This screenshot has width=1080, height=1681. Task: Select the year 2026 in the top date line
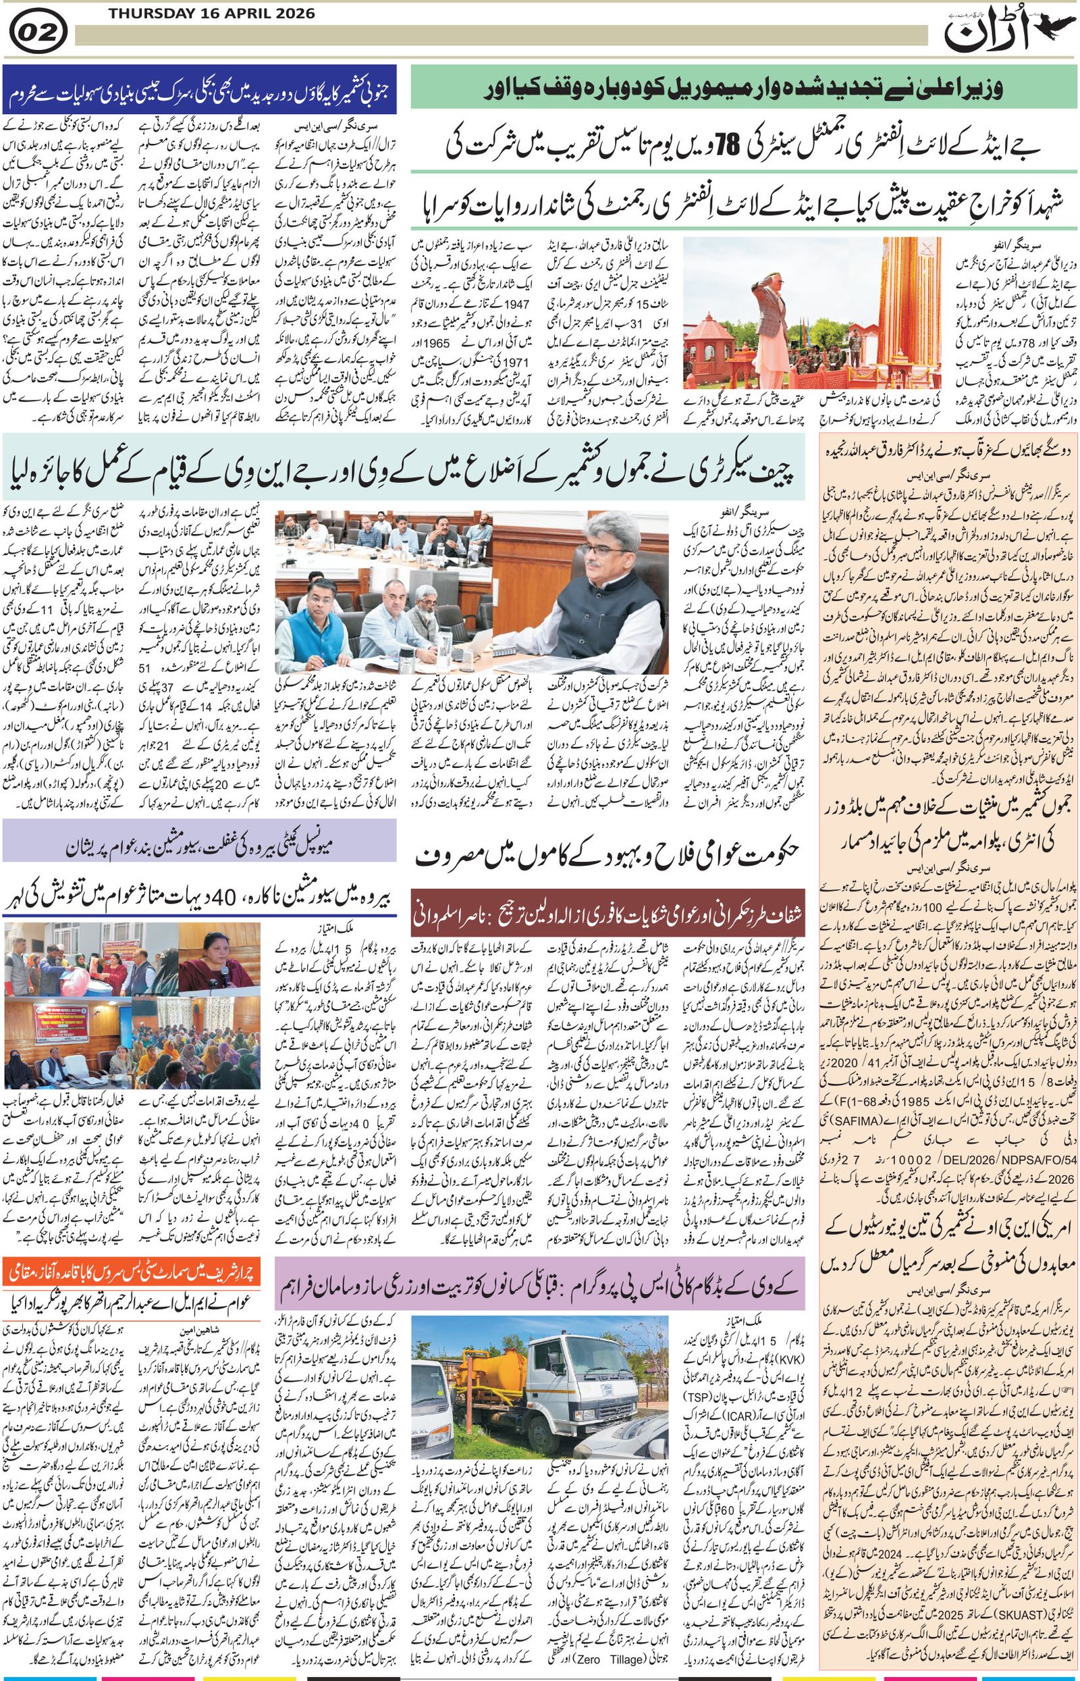(293, 14)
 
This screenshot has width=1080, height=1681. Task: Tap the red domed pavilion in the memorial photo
(707, 344)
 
